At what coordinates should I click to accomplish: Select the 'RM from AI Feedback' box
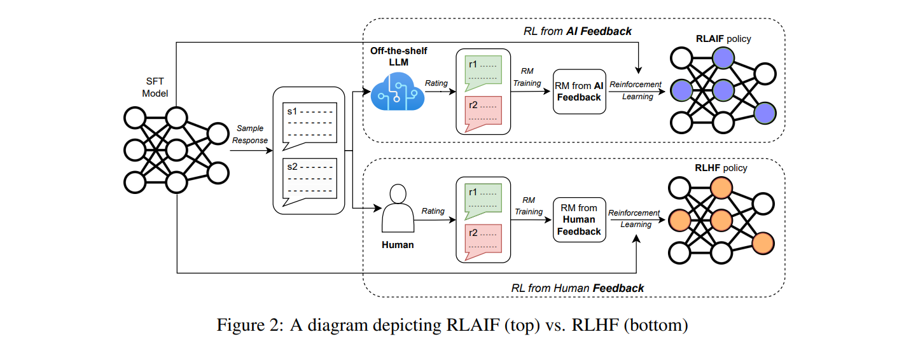tap(579, 92)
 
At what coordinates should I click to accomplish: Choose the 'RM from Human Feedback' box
tap(579, 219)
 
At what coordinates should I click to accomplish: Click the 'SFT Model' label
tap(156, 88)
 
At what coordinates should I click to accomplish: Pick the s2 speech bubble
tap(310, 177)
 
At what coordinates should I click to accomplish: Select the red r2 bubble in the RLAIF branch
tap(483, 111)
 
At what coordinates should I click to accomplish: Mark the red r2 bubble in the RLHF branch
tap(483, 239)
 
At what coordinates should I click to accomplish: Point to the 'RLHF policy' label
tap(720, 168)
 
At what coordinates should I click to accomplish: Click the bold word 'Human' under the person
tap(398, 245)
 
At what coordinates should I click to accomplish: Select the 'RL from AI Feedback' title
tap(577, 31)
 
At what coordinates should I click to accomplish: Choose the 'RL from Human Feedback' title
tap(577, 288)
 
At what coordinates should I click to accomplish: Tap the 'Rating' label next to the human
tap(433, 211)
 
